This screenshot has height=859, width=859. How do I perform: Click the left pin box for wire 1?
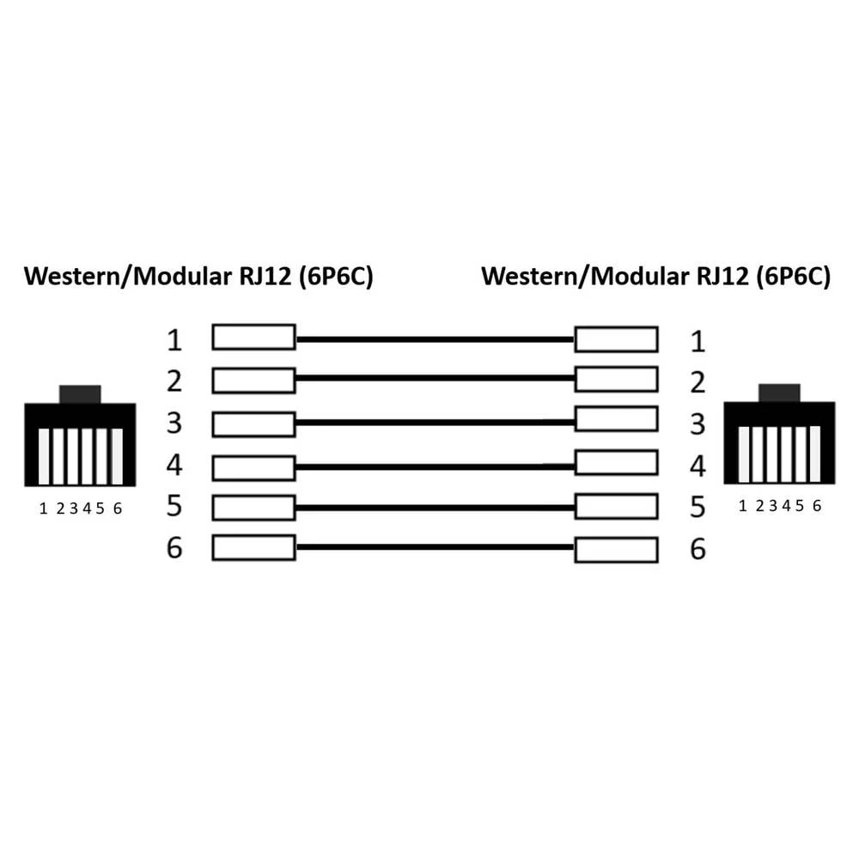(x=253, y=337)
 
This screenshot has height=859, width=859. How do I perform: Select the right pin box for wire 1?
(x=616, y=339)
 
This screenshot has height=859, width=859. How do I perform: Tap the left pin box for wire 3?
(x=253, y=424)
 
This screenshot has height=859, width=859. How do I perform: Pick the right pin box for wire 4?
(x=616, y=462)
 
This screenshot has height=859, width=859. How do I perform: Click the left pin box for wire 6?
(x=253, y=547)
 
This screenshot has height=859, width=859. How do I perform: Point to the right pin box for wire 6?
(x=616, y=550)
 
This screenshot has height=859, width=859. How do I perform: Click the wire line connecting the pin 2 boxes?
(x=435, y=378)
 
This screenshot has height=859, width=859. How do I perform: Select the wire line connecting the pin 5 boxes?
(x=435, y=508)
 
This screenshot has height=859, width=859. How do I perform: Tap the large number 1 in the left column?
(x=174, y=340)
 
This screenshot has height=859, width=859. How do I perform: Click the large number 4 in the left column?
(x=174, y=465)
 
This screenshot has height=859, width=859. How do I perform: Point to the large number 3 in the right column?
(x=698, y=424)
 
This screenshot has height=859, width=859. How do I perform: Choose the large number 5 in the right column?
(x=698, y=508)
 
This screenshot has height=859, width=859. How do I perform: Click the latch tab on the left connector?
(x=80, y=394)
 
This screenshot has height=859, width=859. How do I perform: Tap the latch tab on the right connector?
(x=779, y=393)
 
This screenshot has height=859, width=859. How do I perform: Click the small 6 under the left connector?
(x=117, y=509)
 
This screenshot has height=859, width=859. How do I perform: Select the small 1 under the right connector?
(x=742, y=506)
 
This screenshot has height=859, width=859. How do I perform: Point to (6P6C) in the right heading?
(x=793, y=276)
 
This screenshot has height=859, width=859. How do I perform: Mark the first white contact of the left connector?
(x=44, y=456)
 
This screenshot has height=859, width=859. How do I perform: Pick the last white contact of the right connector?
(x=815, y=454)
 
